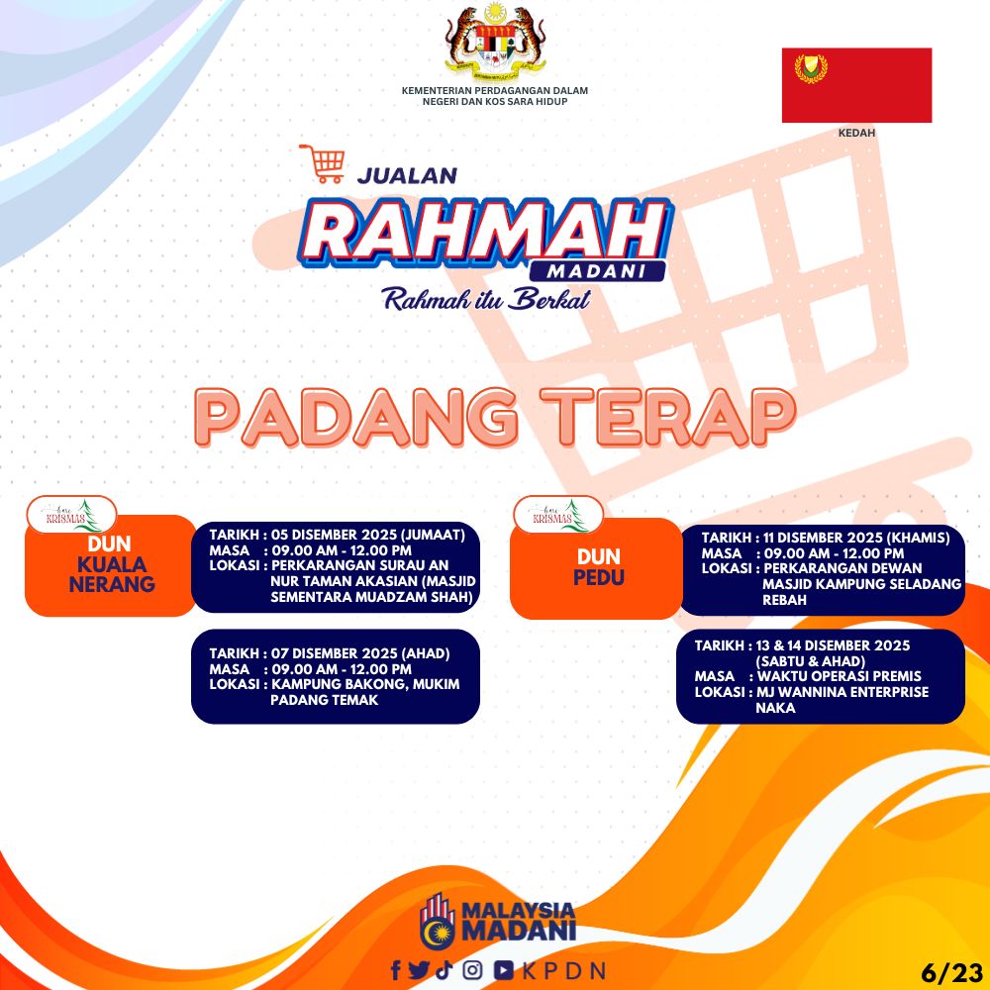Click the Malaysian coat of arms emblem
click(495, 41)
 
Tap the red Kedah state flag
click(856, 85)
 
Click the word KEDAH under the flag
click(856, 134)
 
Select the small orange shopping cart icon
click(323, 163)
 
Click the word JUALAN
click(407, 175)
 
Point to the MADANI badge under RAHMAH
click(597, 271)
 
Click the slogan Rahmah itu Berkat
click(487, 299)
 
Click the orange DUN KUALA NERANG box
click(111, 565)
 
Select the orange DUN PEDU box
click(596, 568)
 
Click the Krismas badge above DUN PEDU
click(558, 515)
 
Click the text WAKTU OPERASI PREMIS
click(839, 676)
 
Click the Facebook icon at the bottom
click(396, 970)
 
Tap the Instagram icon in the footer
click(472, 970)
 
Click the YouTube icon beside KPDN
click(503, 970)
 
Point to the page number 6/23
click(952, 972)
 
